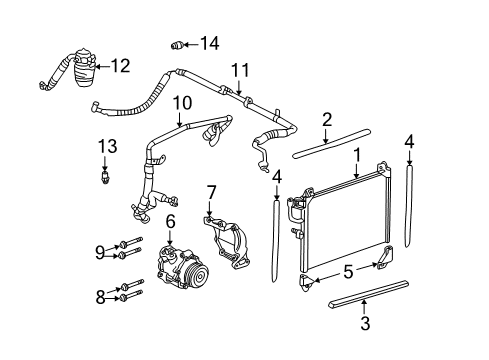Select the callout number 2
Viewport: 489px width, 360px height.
(x=326, y=121)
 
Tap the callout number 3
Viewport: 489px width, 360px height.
(x=366, y=323)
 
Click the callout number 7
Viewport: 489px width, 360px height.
(x=211, y=192)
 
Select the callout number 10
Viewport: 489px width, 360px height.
(x=181, y=102)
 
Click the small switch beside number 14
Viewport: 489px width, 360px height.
(x=179, y=44)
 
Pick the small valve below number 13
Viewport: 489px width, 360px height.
(x=104, y=177)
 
